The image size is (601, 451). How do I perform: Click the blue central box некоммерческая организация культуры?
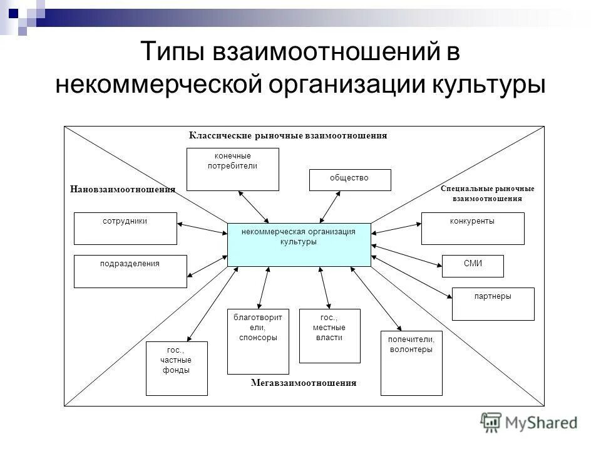click(299, 244)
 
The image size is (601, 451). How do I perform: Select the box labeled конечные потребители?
click(233, 169)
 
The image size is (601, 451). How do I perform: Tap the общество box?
click(350, 180)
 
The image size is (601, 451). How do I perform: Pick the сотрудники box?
click(125, 229)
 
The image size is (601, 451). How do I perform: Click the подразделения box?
click(130, 271)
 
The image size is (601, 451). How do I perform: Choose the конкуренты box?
click(473, 229)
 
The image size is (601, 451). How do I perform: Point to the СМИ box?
click(473, 266)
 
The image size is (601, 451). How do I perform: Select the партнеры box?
click(493, 304)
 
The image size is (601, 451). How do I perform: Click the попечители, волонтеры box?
click(411, 363)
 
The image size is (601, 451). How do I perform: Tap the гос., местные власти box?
click(330, 336)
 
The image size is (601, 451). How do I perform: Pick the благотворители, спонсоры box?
click(258, 341)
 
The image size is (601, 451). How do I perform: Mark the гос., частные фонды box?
click(177, 368)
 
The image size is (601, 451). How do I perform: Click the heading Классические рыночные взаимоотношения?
click(288, 135)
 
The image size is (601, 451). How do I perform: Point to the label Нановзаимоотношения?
click(123, 189)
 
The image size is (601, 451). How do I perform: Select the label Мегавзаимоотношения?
click(304, 383)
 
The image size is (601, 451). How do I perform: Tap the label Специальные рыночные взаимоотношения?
click(487, 193)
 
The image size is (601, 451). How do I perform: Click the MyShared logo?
click(529, 422)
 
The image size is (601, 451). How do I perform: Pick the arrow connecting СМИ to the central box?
click(407, 257)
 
